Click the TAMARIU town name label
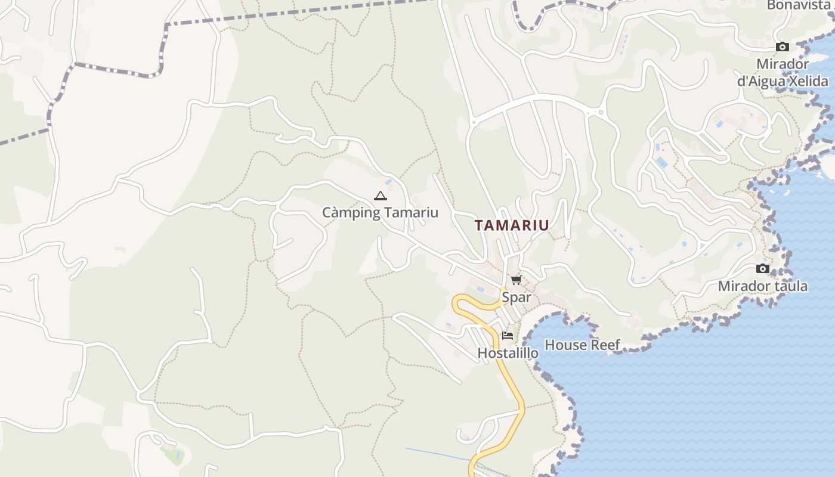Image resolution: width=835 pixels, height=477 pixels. (x=512, y=225)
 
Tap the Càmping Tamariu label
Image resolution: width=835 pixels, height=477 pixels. (x=380, y=213)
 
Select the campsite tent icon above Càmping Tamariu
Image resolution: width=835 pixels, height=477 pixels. (x=380, y=196)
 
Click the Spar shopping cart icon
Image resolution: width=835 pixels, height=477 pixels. (x=516, y=280)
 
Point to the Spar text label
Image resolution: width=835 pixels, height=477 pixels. (x=516, y=297)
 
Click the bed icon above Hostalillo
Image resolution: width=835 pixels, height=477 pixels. (x=508, y=336)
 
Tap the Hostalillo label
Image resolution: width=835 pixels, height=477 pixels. (x=508, y=353)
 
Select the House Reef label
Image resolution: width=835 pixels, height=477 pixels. (x=582, y=345)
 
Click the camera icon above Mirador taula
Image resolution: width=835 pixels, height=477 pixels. (x=762, y=269)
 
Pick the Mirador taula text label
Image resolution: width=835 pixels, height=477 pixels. (x=762, y=286)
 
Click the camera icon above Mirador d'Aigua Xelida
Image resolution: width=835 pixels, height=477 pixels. (x=782, y=47)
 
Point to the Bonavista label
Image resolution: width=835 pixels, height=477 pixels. (x=798, y=5)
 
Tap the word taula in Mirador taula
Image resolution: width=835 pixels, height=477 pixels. (x=791, y=286)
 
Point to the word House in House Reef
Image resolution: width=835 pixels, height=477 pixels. (x=564, y=345)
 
